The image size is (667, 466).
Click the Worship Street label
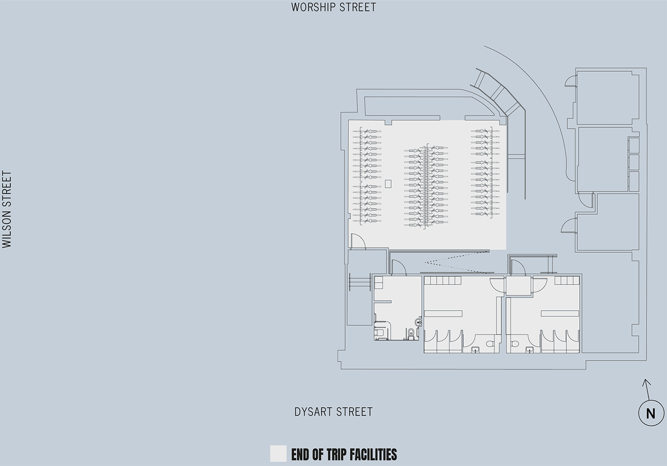(333, 7)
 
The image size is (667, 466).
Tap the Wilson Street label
(7, 209)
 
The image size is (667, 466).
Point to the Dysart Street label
(333, 412)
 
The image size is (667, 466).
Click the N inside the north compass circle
(650, 414)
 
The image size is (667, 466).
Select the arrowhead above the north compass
(645, 381)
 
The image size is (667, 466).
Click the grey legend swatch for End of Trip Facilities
(278, 454)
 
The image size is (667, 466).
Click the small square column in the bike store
(388, 183)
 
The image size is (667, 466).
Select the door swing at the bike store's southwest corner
(357, 241)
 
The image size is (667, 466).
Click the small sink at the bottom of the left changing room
(475, 350)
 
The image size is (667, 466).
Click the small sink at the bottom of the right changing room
(530, 350)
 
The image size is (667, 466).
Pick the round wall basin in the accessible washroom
(418, 322)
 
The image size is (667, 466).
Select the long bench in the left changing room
(443, 313)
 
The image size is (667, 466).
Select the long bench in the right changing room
(560, 313)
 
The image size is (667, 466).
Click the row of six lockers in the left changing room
(442, 280)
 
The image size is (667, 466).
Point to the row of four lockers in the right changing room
(567, 280)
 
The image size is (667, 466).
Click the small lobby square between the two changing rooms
(518, 286)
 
